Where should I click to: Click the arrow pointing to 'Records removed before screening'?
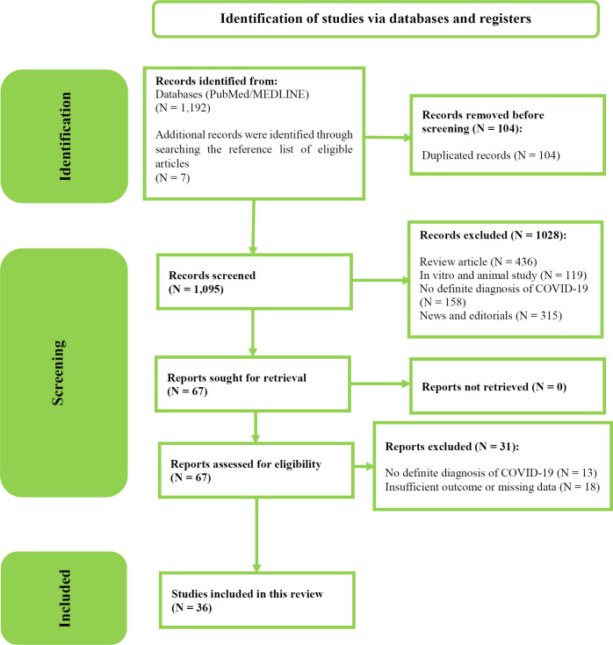pos(387,137)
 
